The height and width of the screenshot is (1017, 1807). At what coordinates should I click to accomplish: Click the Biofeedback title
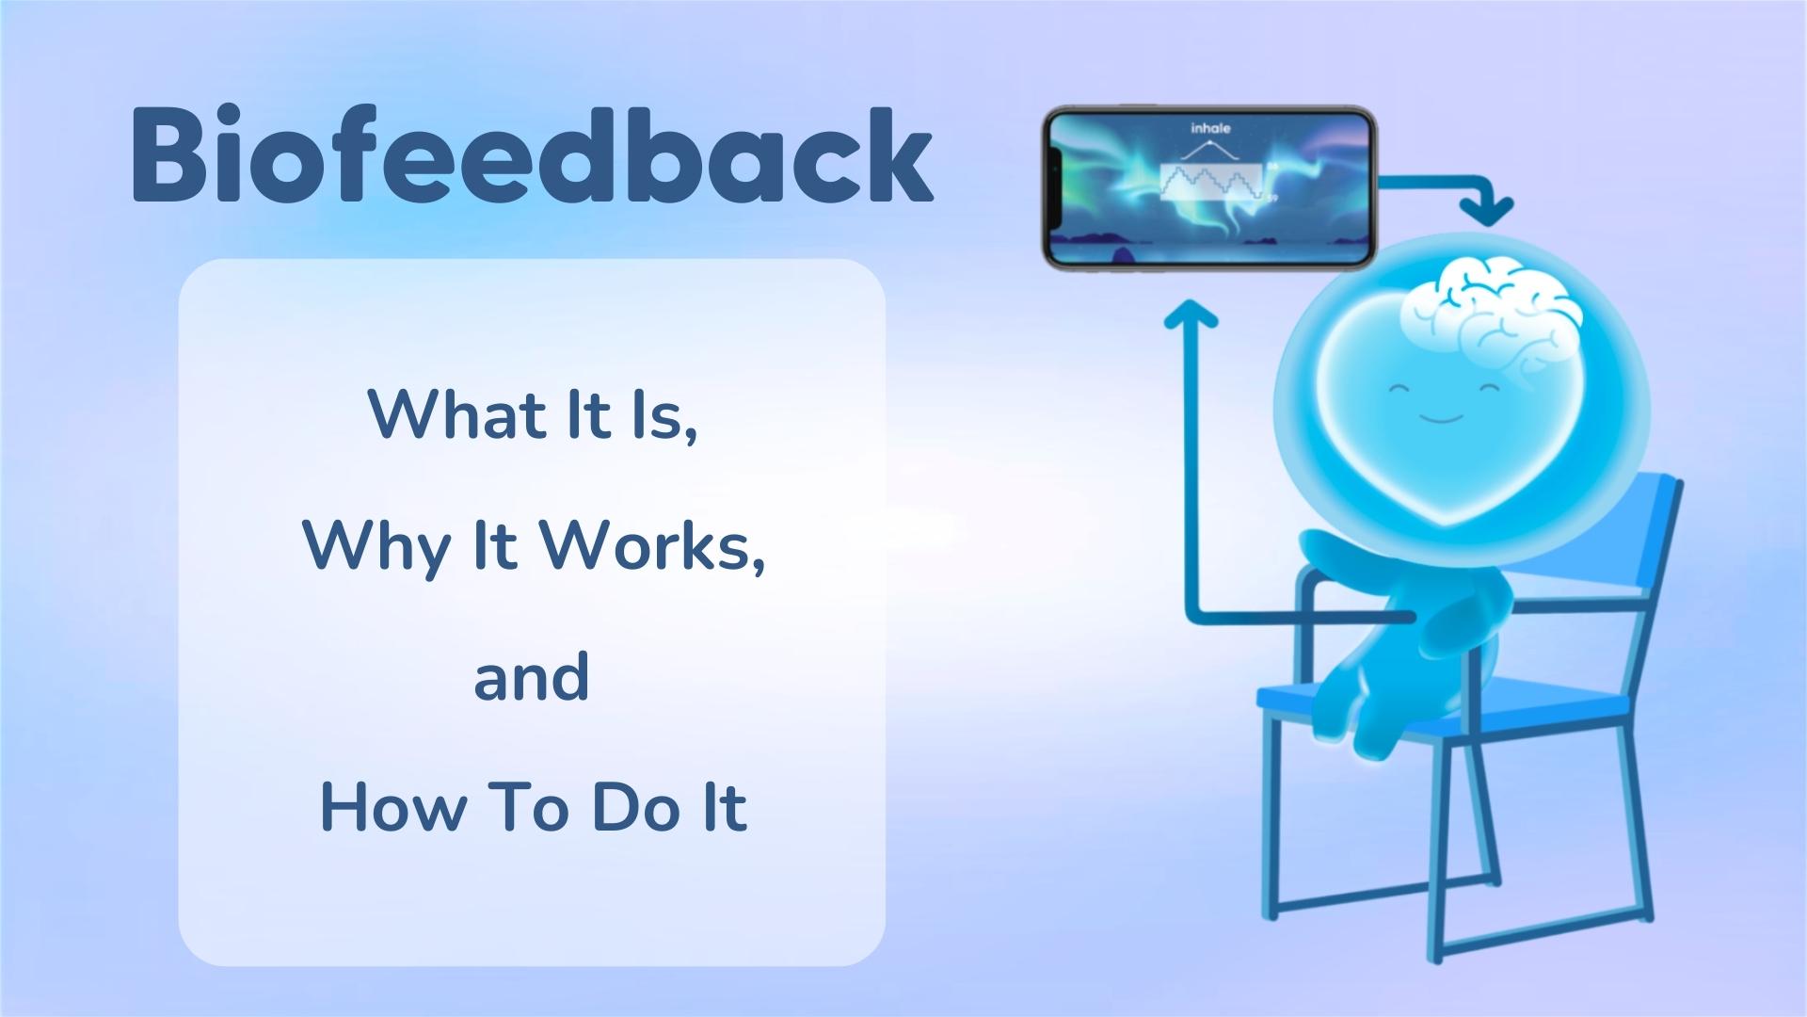pos(533,155)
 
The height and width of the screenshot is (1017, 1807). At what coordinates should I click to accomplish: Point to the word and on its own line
pos(532,678)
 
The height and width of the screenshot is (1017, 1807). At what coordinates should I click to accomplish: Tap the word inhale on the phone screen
pos(1209,128)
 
